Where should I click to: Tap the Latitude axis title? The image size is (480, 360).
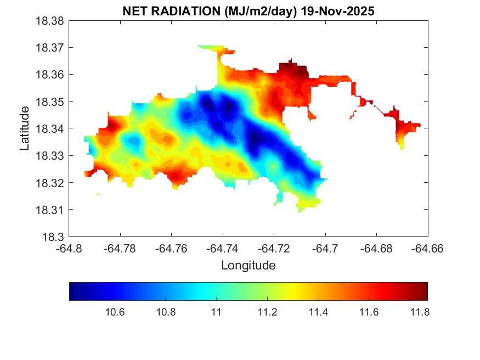(25, 129)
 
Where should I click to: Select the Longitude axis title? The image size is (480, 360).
(248, 266)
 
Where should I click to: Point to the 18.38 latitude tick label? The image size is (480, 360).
(50, 21)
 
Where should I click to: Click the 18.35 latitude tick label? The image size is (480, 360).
(50, 102)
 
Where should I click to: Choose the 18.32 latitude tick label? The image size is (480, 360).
(50, 183)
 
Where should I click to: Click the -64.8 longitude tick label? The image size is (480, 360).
(70, 248)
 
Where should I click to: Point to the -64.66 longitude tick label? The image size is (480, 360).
(428, 248)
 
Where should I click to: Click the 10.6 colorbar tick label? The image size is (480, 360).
(114, 312)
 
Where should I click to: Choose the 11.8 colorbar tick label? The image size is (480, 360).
(420, 312)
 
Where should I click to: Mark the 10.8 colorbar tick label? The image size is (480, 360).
(165, 312)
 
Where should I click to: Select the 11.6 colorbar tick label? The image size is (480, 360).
(369, 312)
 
